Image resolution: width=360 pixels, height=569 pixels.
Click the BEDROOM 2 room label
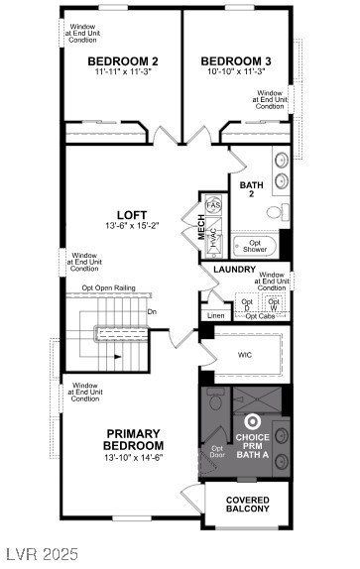point(121,59)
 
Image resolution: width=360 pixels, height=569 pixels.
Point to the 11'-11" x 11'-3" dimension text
point(121,71)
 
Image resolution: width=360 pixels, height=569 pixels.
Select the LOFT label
point(132,213)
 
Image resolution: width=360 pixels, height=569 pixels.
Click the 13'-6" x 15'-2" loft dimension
point(132,225)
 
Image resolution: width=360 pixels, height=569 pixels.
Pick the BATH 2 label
point(250,189)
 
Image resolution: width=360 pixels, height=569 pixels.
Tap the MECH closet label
point(200,228)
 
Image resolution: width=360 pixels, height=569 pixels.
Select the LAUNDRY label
point(234,268)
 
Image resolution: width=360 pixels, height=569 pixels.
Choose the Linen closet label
point(215,316)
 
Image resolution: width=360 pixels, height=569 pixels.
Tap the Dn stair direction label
point(152,312)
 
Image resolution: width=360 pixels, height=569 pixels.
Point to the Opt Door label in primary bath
point(218,451)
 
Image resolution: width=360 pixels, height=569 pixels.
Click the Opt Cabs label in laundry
point(260,316)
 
